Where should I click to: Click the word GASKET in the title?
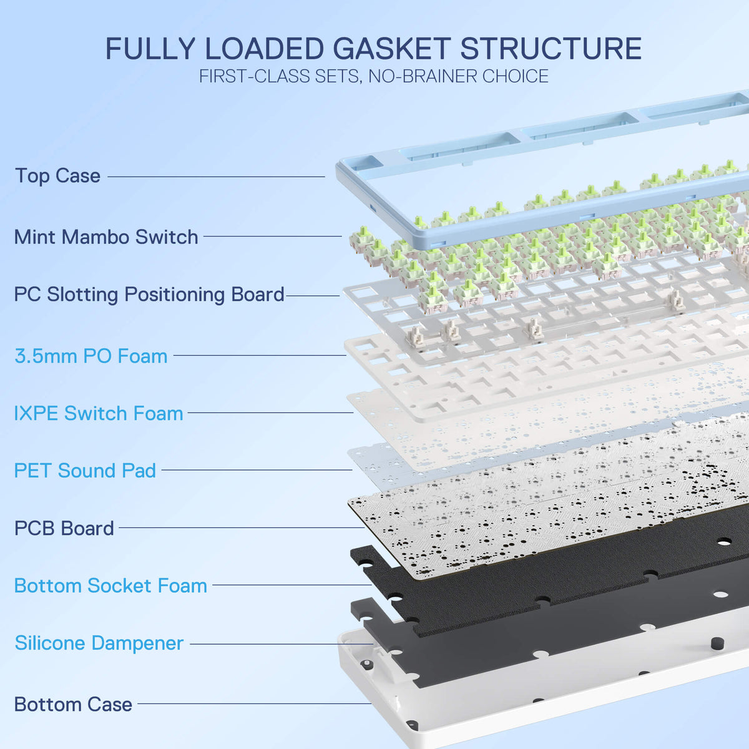click(392, 49)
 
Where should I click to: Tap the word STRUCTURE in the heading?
click(551, 49)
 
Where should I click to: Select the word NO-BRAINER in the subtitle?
click(422, 76)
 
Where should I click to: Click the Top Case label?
click(57, 175)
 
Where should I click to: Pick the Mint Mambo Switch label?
click(106, 237)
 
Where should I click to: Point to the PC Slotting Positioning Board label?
click(149, 294)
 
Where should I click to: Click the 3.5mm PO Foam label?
click(91, 356)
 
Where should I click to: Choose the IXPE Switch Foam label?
click(99, 413)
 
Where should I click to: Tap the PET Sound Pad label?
click(85, 471)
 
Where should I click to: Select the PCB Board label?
click(64, 528)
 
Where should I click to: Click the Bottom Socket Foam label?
click(110, 585)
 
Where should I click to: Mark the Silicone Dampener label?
click(99, 643)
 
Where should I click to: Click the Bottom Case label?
click(74, 704)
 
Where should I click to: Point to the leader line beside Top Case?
click(216, 177)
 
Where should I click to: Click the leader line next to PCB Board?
click(242, 527)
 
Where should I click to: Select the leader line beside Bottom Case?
click(254, 703)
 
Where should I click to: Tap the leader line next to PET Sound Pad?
click(257, 469)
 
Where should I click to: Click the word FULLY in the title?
click(150, 49)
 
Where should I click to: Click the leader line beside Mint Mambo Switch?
click(273, 236)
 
